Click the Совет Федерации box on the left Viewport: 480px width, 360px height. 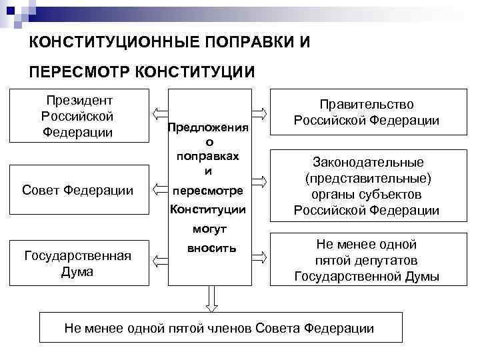[x=77, y=191]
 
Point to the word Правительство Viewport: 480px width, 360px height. [x=366, y=105]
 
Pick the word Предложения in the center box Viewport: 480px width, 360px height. [x=209, y=127]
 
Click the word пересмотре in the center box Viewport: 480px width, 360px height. [x=208, y=191]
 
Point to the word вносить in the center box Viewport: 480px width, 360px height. [x=209, y=248]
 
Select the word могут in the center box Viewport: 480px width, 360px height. [x=209, y=228]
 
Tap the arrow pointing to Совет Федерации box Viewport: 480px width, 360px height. [x=159, y=190]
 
